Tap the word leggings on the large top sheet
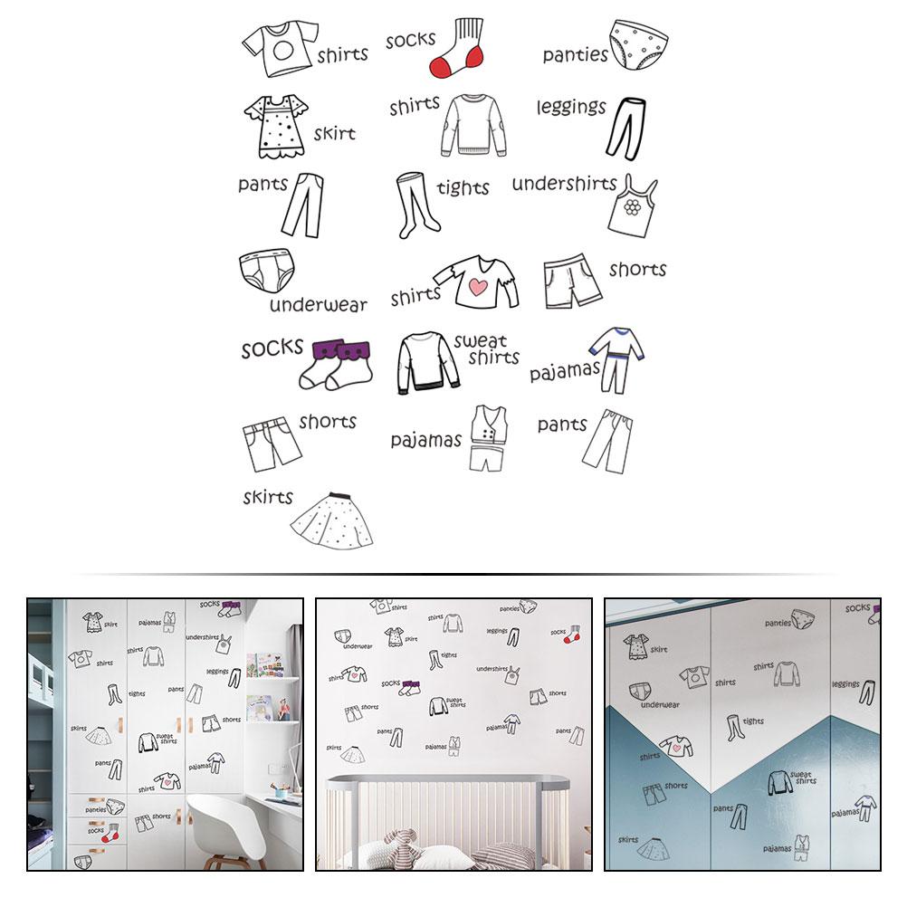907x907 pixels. [570, 108]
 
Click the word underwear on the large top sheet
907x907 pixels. [318, 305]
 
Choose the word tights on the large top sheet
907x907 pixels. [463, 187]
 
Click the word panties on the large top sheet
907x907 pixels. [575, 55]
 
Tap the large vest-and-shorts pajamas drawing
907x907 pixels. [489, 438]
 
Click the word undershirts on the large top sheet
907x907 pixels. [564, 184]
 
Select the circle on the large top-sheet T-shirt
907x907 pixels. [280, 44]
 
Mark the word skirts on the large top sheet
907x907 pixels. [268, 497]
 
